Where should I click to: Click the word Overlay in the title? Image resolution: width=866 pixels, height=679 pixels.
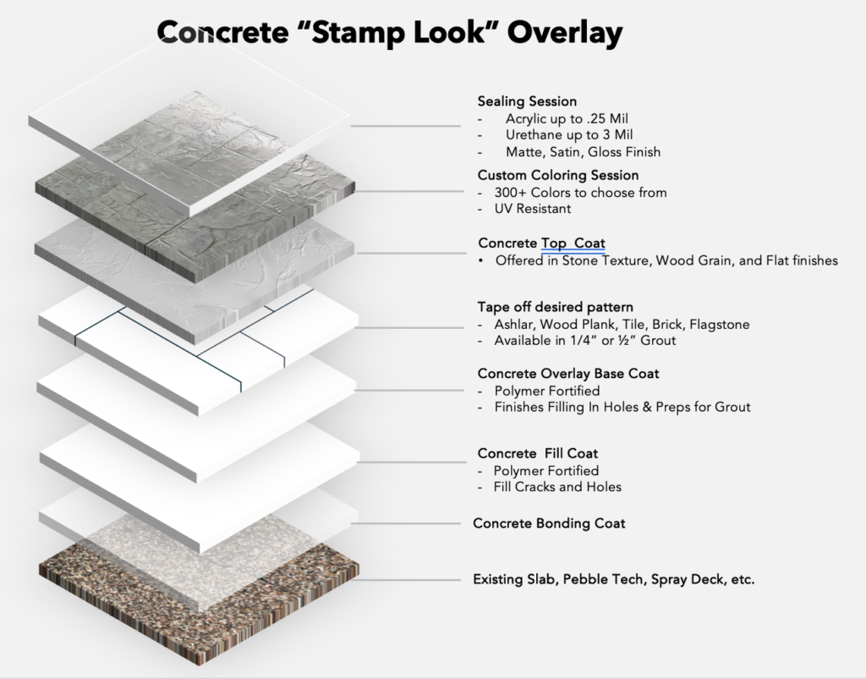[564, 32]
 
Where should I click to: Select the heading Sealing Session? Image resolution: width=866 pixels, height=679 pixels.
[527, 101]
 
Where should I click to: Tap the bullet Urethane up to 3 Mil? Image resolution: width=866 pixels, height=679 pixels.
[569, 134]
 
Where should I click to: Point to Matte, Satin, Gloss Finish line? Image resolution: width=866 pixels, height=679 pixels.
[583, 152]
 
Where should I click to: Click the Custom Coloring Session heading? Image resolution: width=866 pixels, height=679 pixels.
[558, 175]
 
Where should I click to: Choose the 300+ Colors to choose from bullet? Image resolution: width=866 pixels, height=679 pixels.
[580, 193]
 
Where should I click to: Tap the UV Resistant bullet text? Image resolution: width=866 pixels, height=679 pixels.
[533, 209]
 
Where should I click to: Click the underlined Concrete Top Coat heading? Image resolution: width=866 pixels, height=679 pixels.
[541, 244]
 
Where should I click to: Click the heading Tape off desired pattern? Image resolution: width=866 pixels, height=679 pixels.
[555, 307]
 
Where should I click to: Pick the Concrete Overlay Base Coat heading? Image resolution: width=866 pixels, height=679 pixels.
[567, 374]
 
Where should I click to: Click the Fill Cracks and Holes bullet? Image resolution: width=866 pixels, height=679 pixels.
[557, 487]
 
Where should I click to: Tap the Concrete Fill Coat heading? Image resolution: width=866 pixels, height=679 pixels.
[537, 454]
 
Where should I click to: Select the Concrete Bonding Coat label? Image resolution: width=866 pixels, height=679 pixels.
[549, 523]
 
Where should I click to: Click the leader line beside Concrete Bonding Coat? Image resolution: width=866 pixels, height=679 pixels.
[405, 523]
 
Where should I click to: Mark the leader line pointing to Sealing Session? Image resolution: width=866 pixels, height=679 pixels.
[405, 126]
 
